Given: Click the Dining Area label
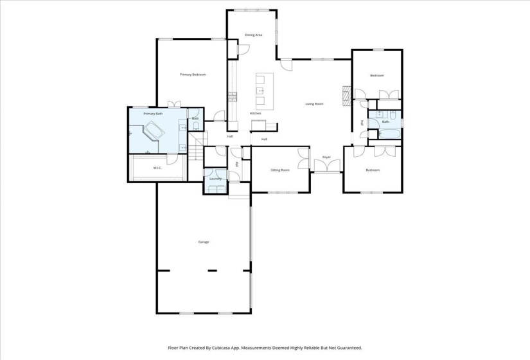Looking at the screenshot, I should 254,35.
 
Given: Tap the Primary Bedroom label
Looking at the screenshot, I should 193,75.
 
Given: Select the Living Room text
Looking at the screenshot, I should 314,104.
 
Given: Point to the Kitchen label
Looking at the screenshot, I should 255,114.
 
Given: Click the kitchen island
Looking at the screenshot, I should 261,92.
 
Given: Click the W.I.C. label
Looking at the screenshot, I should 157,168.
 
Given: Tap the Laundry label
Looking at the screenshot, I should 215,179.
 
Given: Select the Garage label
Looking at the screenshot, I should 203,242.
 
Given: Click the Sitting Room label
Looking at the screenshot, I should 280,170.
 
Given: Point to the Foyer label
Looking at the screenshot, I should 326,157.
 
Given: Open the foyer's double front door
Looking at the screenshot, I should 326,166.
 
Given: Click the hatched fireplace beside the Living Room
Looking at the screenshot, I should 347,95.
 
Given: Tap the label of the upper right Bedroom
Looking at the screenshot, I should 376,76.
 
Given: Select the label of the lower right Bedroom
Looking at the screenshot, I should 373,170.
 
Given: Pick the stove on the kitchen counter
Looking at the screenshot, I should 231,98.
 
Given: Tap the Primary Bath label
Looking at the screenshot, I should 153,114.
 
